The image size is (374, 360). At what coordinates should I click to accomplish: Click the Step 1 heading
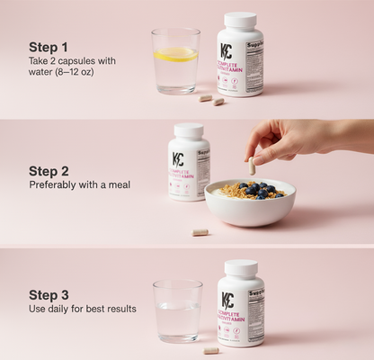[x=48, y=47]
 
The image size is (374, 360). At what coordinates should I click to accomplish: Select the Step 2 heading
[x=48, y=170]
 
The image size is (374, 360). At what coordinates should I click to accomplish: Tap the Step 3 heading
[x=48, y=293]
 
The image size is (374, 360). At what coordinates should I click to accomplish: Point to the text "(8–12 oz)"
[x=75, y=72]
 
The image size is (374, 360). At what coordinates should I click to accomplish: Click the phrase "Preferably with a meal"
[x=79, y=184]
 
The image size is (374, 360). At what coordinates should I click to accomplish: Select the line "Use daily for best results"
[x=83, y=309]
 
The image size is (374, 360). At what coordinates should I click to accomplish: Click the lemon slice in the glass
[x=175, y=54]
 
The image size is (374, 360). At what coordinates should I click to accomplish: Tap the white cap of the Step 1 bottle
[x=240, y=20]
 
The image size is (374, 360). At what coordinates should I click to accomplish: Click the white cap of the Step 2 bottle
[x=189, y=130]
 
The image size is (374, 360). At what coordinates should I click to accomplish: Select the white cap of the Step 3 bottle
[x=240, y=268]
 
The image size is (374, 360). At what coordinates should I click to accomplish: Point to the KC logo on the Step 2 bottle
[x=179, y=159]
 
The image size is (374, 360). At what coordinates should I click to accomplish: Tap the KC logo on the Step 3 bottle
[x=227, y=301]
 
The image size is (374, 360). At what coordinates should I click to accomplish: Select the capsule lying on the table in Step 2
[x=200, y=232]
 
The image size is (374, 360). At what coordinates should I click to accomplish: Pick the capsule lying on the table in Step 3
[x=210, y=349]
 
